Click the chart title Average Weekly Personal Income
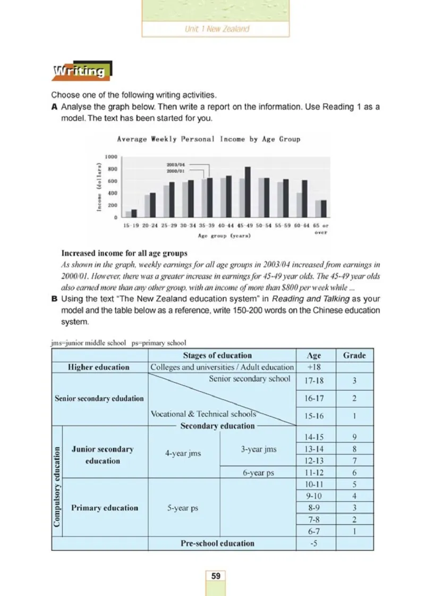[208, 139]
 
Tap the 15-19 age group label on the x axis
[131, 226]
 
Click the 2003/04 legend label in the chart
[176, 165]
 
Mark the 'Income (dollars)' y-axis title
[99, 187]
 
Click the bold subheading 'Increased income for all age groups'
[124, 253]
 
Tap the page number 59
[216, 576]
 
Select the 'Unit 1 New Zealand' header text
[216, 29]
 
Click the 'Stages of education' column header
[217, 355]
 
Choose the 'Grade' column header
[354, 355]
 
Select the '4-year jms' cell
[183, 455]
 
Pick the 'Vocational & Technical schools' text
[203, 414]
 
